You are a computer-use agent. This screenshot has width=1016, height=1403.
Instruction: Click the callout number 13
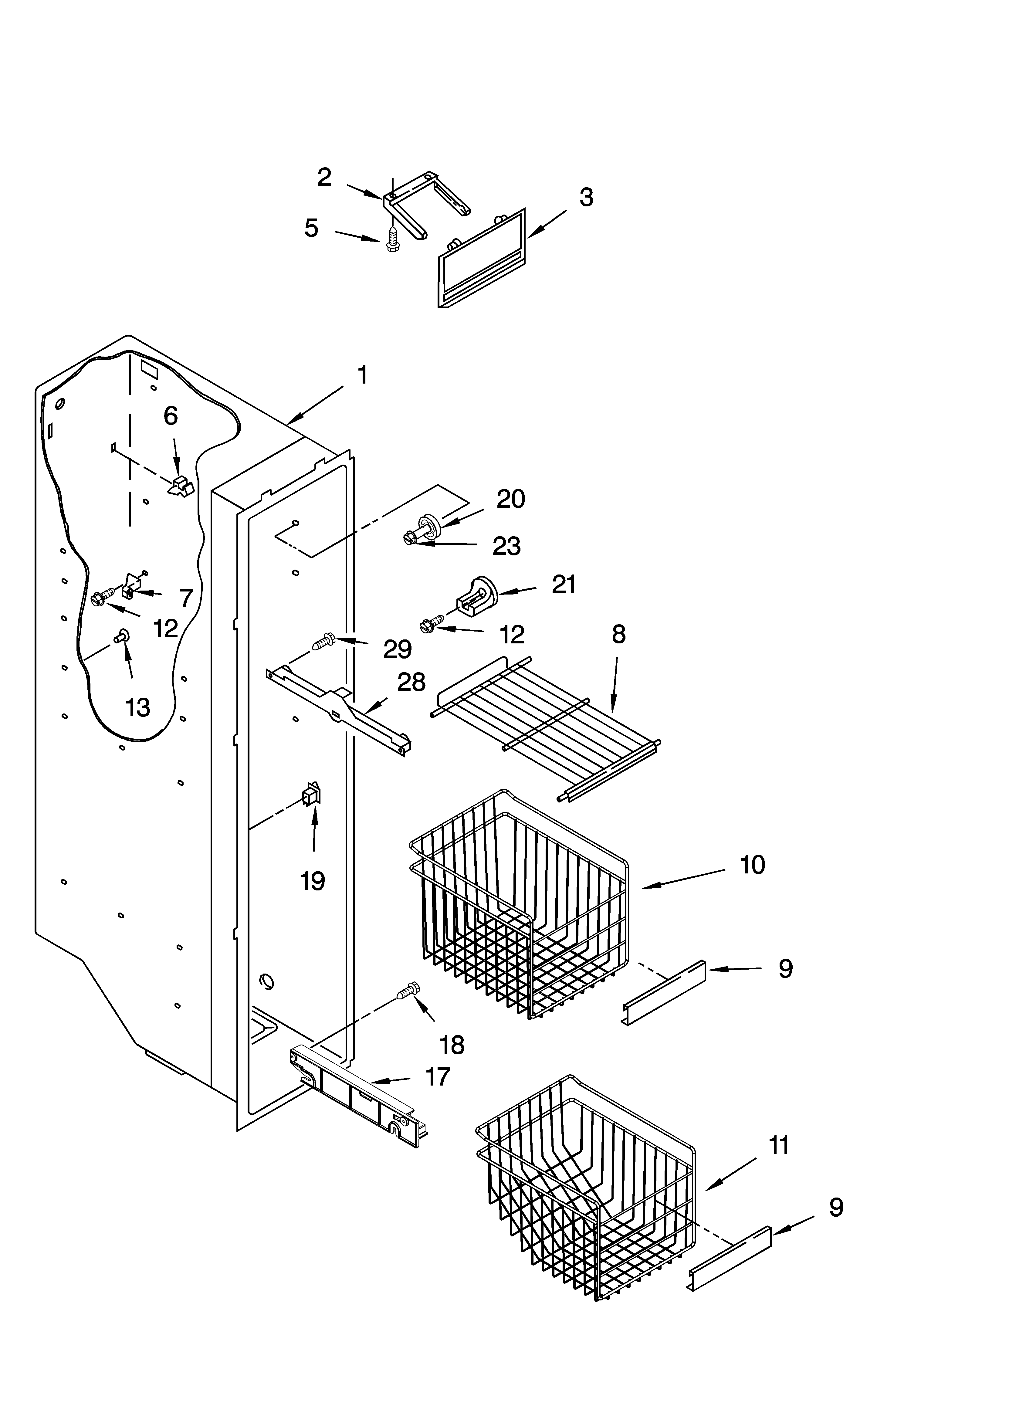coord(137,707)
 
